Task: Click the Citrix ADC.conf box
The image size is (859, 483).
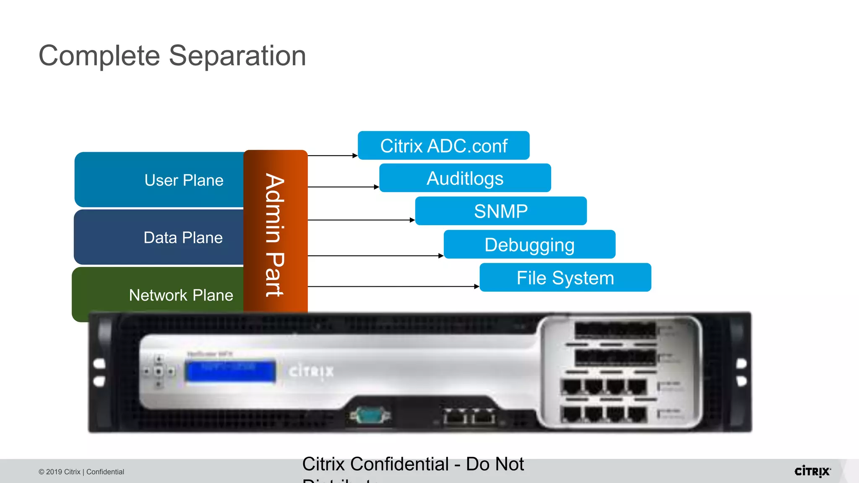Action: [443, 146]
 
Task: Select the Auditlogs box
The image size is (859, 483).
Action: [465, 178]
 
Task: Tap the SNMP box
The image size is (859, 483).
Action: [501, 211]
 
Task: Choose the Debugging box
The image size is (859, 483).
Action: [529, 244]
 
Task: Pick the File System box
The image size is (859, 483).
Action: [565, 278]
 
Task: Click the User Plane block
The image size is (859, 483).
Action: [168, 180]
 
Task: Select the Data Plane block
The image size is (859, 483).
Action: [168, 237]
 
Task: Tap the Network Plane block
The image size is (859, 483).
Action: [168, 295]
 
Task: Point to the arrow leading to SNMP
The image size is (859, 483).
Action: [361, 220]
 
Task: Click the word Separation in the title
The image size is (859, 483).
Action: [237, 56]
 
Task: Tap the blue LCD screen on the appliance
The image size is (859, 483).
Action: [230, 371]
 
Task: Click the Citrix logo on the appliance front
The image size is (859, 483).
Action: [311, 371]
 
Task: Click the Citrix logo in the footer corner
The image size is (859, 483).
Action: [812, 471]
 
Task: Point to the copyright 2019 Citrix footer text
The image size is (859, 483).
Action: [81, 472]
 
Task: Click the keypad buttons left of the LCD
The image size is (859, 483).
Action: [159, 371]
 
